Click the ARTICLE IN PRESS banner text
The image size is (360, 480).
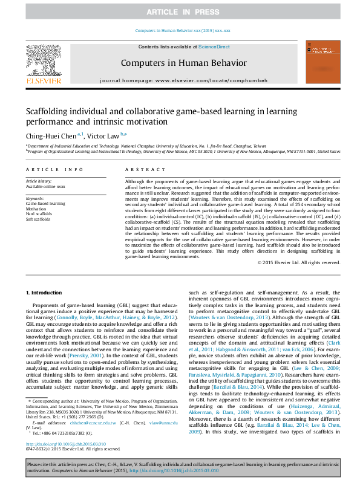click(179, 11)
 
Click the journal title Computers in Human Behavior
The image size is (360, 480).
click(184, 63)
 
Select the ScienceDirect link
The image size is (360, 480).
click(214, 47)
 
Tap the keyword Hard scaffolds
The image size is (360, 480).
click(39, 213)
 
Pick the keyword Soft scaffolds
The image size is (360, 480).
click(39, 218)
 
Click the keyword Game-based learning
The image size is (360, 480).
click(45, 204)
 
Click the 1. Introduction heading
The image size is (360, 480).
click(46, 293)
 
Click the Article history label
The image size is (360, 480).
click(39, 181)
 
